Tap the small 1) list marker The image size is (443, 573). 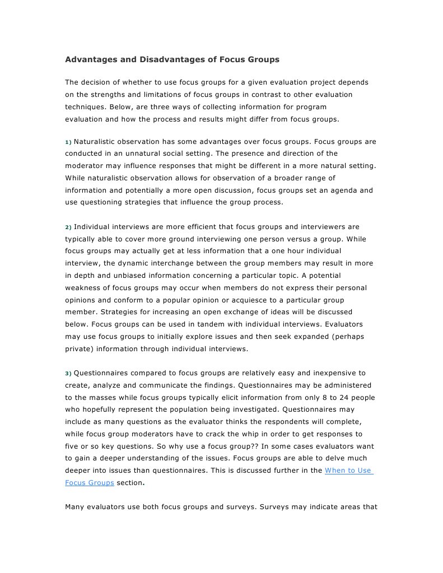pos(68,142)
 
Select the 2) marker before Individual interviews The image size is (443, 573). pos(68,227)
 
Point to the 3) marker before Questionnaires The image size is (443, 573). pos(68,373)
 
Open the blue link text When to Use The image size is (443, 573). pos(348,470)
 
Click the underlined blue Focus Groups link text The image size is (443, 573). pos(90,483)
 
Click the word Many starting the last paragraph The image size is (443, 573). pos(75,507)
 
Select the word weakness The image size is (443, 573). pos(84,288)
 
